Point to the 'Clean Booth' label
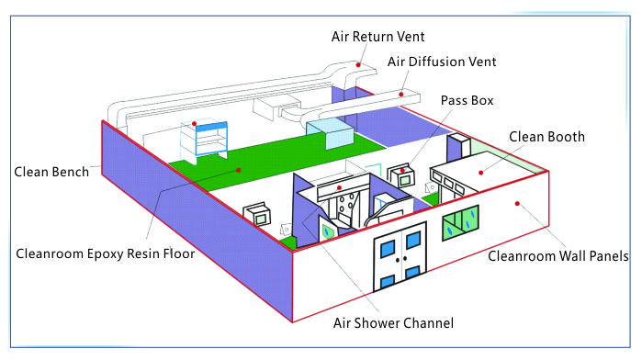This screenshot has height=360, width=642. click(x=547, y=137)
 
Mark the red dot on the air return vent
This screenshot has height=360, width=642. click(x=360, y=65)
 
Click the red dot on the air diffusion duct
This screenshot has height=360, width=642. click(x=401, y=92)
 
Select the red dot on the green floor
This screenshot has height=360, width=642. click(x=238, y=170)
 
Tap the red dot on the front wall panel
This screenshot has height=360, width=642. click(x=518, y=202)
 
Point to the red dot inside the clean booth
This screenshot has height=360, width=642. click(x=479, y=170)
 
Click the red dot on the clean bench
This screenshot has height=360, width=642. click(x=194, y=124)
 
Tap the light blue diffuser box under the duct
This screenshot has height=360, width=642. click(x=329, y=133)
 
